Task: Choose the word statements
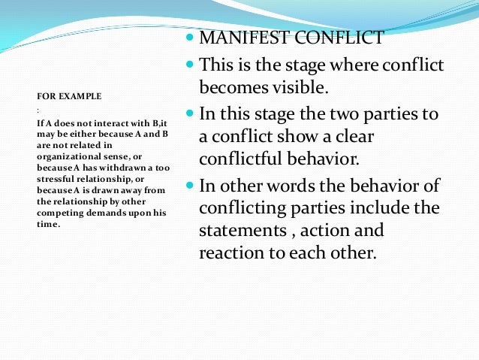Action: point(239,231)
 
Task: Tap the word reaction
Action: point(231,253)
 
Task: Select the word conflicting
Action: point(242,208)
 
